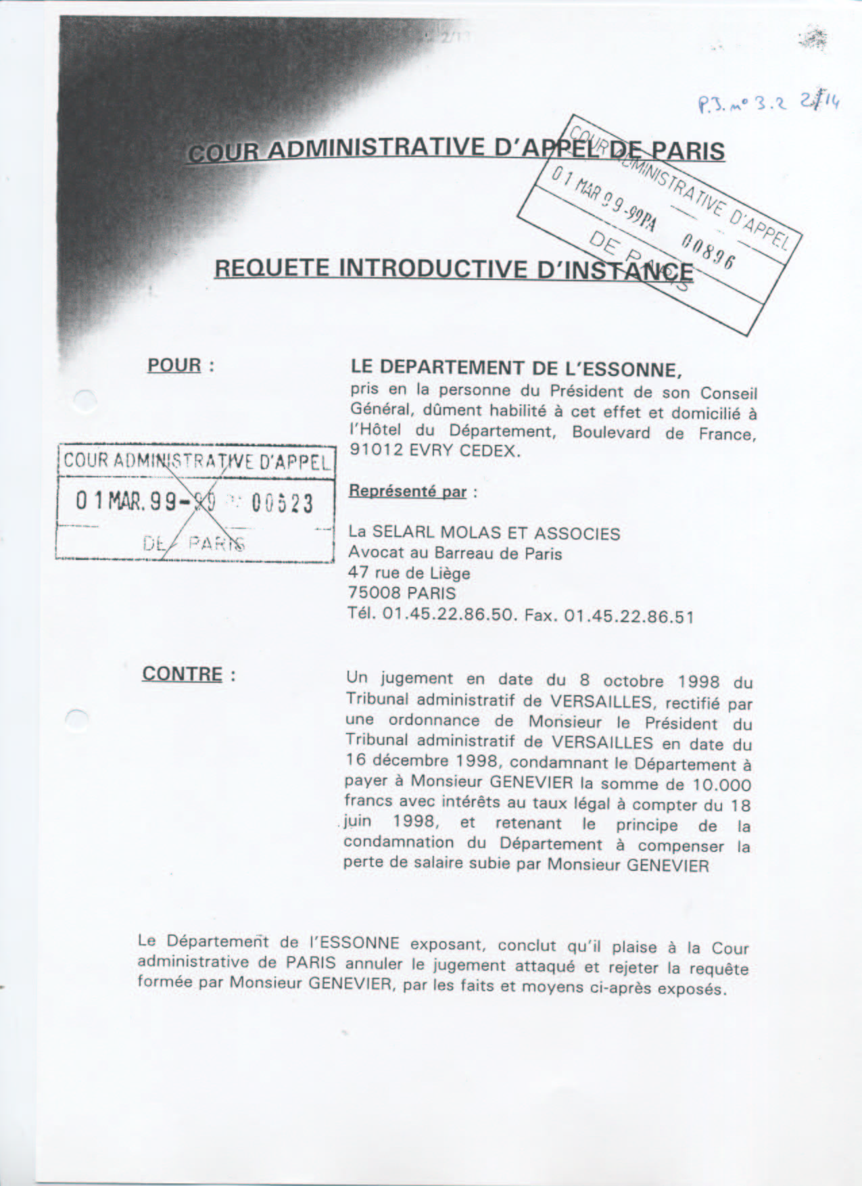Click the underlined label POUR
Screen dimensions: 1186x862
pyautogui.click(x=174, y=365)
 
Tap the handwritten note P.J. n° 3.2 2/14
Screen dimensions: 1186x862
pyautogui.click(x=768, y=103)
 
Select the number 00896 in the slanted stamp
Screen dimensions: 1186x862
pyautogui.click(x=707, y=252)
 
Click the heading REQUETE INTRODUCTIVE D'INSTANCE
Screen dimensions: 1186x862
pyautogui.click(x=453, y=269)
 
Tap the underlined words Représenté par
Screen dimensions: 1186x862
pyautogui.click(x=408, y=491)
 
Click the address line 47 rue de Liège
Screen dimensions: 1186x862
pyautogui.click(x=409, y=573)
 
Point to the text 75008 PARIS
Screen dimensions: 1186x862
pyautogui.click(x=402, y=594)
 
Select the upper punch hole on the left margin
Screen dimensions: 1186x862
pyautogui.click(x=85, y=400)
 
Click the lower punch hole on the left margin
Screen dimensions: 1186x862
pyautogui.click(x=79, y=719)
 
